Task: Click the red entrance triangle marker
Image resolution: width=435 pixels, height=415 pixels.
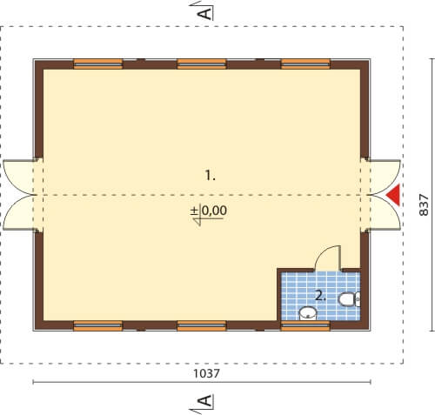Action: click(x=395, y=195)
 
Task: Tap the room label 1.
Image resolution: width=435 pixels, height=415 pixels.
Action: click(x=211, y=176)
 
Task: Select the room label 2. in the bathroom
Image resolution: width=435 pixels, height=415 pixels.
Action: click(x=321, y=296)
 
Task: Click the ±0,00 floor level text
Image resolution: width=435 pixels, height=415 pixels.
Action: click(x=209, y=211)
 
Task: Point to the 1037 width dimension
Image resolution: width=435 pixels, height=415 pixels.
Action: click(x=206, y=373)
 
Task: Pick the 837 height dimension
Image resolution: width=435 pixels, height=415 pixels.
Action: click(x=424, y=205)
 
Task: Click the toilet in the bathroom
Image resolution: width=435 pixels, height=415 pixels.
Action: click(x=350, y=299)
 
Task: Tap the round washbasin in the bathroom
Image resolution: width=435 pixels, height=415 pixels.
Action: click(x=308, y=313)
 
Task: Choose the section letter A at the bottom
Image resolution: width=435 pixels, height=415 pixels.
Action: click(x=205, y=401)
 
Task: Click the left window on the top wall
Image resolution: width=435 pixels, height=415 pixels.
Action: click(x=98, y=64)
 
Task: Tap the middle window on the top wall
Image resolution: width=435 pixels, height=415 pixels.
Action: click(x=202, y=64)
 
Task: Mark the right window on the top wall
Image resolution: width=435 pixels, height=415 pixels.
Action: click(x=305, y=64)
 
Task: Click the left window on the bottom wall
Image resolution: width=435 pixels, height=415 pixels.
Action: click(x=98, y=325)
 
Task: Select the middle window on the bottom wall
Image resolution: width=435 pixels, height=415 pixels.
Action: click(x=202, y=325)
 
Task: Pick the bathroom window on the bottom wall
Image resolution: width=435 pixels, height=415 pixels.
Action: click(x=305, y=325)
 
